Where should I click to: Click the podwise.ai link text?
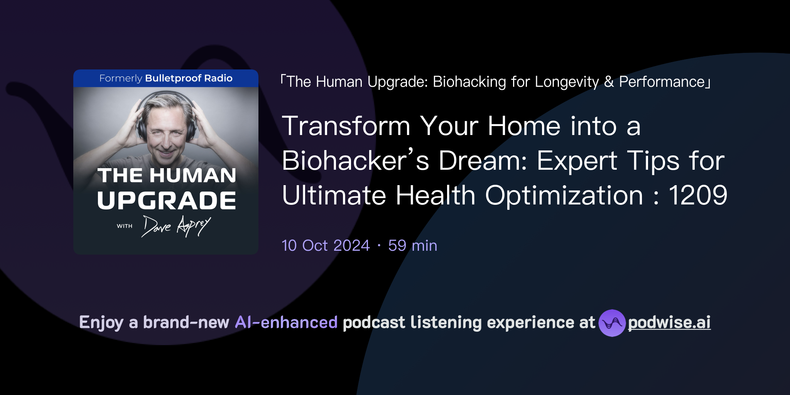point(669,322)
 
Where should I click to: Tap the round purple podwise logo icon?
point(612,323)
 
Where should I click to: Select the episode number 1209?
point(698,195)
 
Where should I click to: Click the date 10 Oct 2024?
point(326,246)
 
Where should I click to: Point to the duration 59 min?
point(412,246)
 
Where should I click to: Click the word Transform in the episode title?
point(346,126)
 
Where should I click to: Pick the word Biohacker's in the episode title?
point(355,160)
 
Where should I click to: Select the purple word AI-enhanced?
point(286,322)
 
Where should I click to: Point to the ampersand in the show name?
point(609,82)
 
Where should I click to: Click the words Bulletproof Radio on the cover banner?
point(189,78)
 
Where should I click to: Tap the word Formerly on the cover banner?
point(121,78)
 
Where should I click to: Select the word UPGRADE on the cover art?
point(166,200)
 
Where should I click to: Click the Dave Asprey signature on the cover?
point(176,226)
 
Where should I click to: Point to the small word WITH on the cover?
point(125,226)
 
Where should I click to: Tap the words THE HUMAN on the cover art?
point(166,176)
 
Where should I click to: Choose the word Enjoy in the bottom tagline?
point(101,322)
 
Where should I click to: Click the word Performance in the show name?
point(662,82)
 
